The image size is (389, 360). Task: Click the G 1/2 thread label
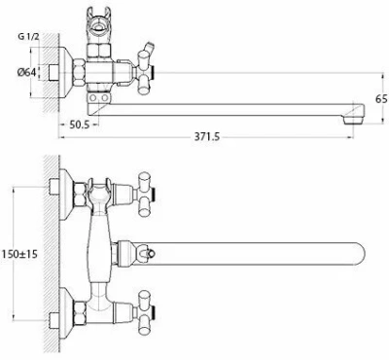28,36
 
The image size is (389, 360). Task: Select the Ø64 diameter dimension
26,72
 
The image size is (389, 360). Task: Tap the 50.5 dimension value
79,125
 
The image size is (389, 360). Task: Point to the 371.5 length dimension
207,137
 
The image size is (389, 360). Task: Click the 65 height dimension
381,98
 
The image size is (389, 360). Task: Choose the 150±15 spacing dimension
19,254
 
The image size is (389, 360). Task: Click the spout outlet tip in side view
353,116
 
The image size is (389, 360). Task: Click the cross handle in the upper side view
146,72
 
